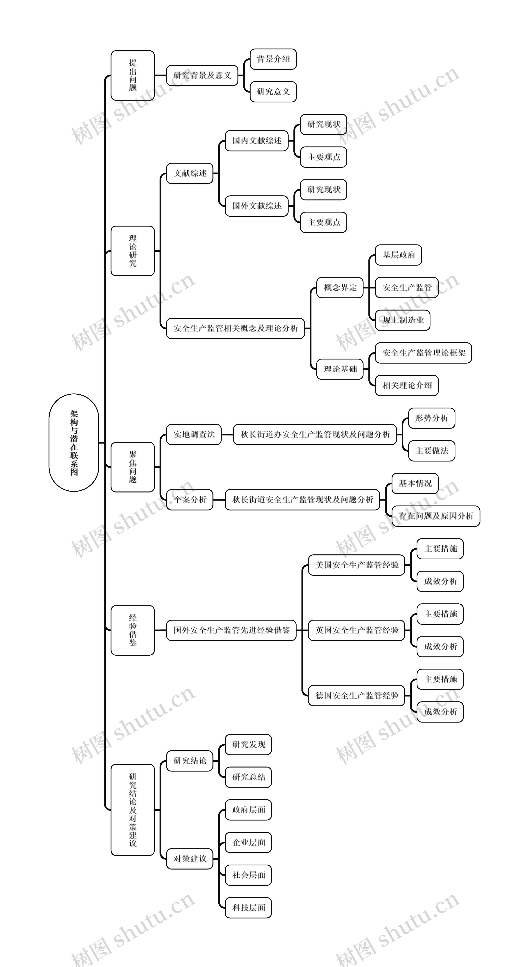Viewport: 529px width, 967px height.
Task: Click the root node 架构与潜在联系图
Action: click(x=74, y=443)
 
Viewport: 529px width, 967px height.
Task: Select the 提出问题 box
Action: click(x=133, y=75)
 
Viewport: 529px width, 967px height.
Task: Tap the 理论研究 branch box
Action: click(x=133, y=251)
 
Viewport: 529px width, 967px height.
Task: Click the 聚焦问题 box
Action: click(x=133, y=467)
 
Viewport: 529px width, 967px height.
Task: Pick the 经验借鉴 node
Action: click(x=133, y=630)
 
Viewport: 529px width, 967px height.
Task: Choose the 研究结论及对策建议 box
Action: click(x=133, y=810)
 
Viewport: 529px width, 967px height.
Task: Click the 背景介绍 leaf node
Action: click(x=273, y=59)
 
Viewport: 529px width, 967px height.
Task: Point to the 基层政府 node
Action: click(x=399, y=255)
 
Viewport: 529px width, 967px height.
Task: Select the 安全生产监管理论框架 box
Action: click(x=423, y=353)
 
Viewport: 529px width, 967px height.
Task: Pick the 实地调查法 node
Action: click(x=194, y=434)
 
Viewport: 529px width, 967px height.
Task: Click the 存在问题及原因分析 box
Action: click(x=436, y=516)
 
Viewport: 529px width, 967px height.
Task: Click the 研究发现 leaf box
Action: click(x=248, y=745)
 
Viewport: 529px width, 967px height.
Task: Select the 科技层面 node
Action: click(x=248, y=908)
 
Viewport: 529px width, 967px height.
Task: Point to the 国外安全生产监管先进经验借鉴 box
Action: click(x=231, y=630)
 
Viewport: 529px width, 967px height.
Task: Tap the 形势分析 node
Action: click(x=432, y=418)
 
